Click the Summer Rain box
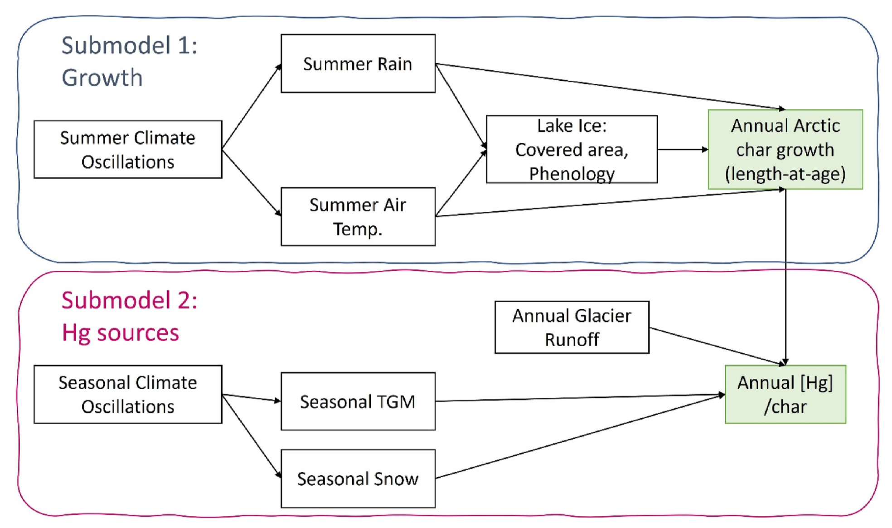click(358, 64)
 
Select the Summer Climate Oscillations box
click(128, 149)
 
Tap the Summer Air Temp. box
click(358, 216)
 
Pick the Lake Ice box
click(572, 149)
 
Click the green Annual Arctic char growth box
click(785, 149)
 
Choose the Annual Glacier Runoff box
click(572, 327)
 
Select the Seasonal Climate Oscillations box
click(128, 394)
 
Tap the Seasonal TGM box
click(358, 401)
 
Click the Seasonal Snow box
click(358, 479)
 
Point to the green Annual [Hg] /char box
click(785, 394)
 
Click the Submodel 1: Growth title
click(129, 61)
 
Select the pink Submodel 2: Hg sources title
click(129, 316)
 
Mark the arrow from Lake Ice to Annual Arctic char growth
click(682, 149)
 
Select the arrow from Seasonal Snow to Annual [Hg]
click(580, 436)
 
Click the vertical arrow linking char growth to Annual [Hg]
click(785, 277)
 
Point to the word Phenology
click(572, 174)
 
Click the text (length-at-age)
click(785, 174)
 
